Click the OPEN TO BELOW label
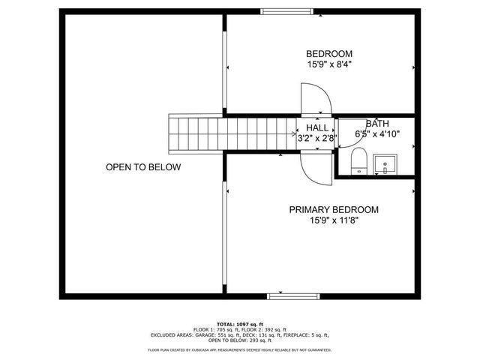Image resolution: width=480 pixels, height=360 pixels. (143, 167)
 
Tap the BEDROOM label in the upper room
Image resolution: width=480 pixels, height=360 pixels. (328, 53)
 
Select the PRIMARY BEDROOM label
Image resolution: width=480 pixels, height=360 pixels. (334, 210)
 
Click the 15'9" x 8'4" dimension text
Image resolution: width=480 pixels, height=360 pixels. (328, 65)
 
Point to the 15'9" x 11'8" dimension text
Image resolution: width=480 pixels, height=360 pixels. (334, 221)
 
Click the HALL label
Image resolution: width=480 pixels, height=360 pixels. (316, 128)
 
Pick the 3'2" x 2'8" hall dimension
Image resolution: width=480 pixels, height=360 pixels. (316, 138)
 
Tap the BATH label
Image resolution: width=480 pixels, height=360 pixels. (377, 124)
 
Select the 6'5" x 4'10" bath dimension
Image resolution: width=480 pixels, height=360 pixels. (377, 134)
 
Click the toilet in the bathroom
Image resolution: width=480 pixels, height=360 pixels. (358, 160)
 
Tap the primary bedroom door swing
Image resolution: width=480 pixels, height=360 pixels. (315, 166)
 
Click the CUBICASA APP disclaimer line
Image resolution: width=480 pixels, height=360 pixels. (240, 349)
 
